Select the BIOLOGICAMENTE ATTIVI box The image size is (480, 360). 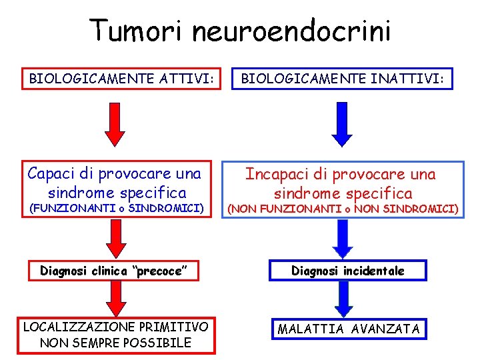[121, 80]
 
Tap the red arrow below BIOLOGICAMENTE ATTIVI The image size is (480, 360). [115, 124]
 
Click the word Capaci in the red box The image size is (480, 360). [53, 174]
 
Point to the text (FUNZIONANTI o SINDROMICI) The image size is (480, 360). [114, 209]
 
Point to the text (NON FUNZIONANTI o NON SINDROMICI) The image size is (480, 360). [343, 209]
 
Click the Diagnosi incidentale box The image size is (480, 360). [347, 270]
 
